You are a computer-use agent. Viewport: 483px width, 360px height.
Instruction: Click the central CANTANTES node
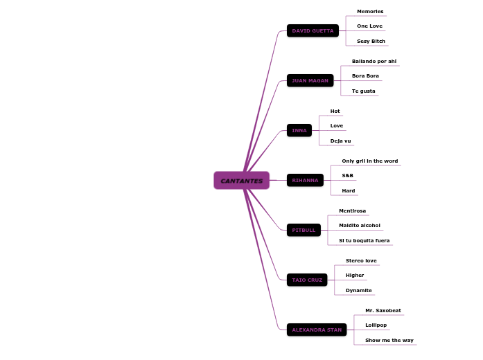[x=241, y=181]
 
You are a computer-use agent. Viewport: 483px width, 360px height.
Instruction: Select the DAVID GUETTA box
[x=313, y=31]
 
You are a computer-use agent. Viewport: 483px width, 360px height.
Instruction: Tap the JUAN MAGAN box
[x=310, y=81]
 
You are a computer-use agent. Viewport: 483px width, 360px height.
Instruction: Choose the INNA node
[x=299, y=131]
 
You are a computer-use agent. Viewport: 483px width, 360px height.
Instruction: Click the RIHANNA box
[x=305, y=181]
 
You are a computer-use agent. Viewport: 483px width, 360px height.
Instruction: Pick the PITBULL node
[x=304, y=231]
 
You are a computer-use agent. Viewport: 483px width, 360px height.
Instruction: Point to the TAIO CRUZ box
[x=307, y=280]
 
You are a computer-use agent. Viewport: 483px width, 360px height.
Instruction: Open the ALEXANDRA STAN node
[x=317, y=330]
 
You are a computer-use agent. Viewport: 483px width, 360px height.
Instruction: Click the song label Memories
[x=370, y=12]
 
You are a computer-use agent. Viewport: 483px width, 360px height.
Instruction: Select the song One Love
[x=369, y=26]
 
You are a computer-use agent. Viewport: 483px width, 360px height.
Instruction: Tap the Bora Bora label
[x=365, y=76]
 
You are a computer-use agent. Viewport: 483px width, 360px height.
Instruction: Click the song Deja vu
[x=340, y=141]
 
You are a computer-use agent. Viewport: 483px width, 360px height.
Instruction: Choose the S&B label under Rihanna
[x=347, y=176]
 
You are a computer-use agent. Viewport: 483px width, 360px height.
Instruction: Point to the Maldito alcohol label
[x=359, y=226]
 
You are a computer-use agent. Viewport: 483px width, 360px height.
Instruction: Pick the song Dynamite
[x=358, y=291]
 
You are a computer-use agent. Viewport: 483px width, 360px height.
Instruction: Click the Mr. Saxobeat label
[x=383, y=311]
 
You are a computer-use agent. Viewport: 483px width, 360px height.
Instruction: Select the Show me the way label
[x=389, y=341]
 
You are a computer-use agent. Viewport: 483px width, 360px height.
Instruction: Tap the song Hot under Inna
[x=335, y=111]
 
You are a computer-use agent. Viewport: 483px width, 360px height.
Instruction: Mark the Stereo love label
[x=361, y=261]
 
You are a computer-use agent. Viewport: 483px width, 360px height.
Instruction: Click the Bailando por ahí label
[x=374, y=62]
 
